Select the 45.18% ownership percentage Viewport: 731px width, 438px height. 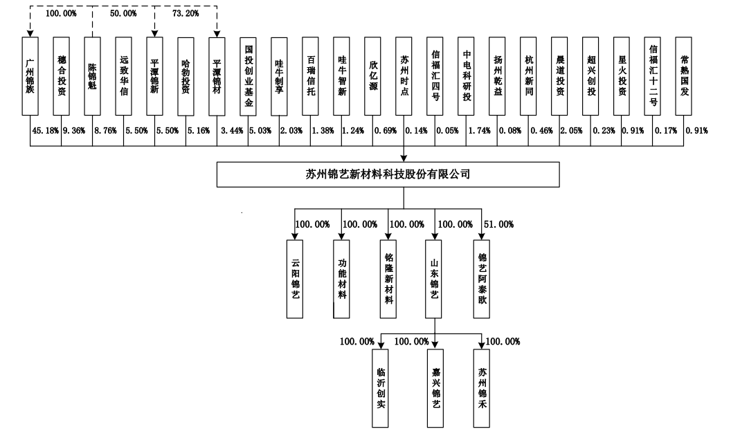(45, 129)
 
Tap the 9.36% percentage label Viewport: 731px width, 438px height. (74, 129)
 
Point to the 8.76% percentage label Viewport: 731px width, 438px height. (105, 129)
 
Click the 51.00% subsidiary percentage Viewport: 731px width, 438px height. (498, 224)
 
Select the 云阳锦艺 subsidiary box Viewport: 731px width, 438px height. (296, 279)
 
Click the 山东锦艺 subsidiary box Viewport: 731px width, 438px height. (435, 279)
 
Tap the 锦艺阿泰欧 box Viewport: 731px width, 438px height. (482, 279)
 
